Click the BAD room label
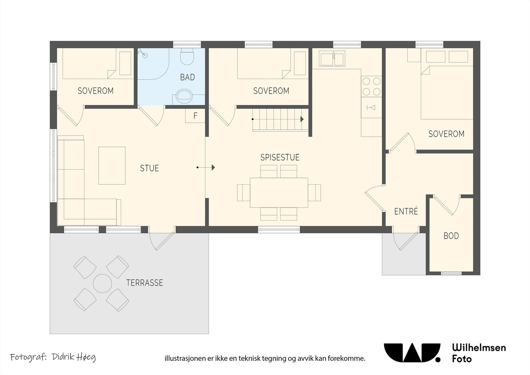point(187,77)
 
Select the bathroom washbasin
point(184,96)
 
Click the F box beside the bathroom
point(195,116)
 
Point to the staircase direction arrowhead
point(302,119)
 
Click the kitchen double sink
point(332,58)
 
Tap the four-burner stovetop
point(371,86)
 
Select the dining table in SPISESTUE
point(279,193)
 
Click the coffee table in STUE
point(112,165)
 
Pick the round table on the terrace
point(102,283)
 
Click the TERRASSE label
point(144,283)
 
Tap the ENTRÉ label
point(406,211)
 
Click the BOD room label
point(451,236)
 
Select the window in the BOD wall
point(451,273)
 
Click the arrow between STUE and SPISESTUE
point(206,167)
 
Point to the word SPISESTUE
point(280,157)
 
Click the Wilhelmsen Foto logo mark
point(412,353)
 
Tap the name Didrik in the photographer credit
point(62,357)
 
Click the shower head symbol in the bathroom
point(143,53)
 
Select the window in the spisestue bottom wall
point(279,229)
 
